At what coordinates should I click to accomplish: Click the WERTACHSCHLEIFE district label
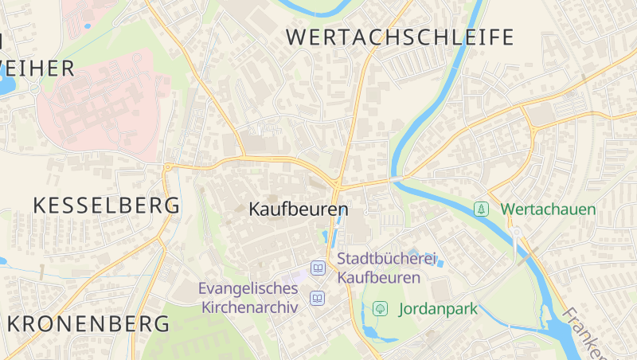pos(400,37)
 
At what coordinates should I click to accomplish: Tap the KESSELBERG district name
pos(106,205)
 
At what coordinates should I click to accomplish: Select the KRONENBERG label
pos(88,324)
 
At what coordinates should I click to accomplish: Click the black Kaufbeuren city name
pos(299,209)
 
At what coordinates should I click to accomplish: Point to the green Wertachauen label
pos(548,209)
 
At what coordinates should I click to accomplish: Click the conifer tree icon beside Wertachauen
pos(481,209)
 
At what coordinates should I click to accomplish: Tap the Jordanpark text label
pos(438,308)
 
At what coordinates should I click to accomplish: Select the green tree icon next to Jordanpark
pos(381,308)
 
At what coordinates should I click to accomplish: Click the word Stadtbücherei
pos(389,259)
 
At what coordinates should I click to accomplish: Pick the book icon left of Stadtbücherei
pos(318,268)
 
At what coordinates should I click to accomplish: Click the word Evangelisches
pos(248,288)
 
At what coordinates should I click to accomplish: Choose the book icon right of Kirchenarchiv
pos(318,299)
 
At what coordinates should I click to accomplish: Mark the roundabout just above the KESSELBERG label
pos(168,166)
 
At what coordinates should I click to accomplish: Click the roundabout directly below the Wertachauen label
pos(516,232)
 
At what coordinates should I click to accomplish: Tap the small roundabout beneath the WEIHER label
pos(36,88)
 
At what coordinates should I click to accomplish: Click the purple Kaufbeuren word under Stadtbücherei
pos(378,278)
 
